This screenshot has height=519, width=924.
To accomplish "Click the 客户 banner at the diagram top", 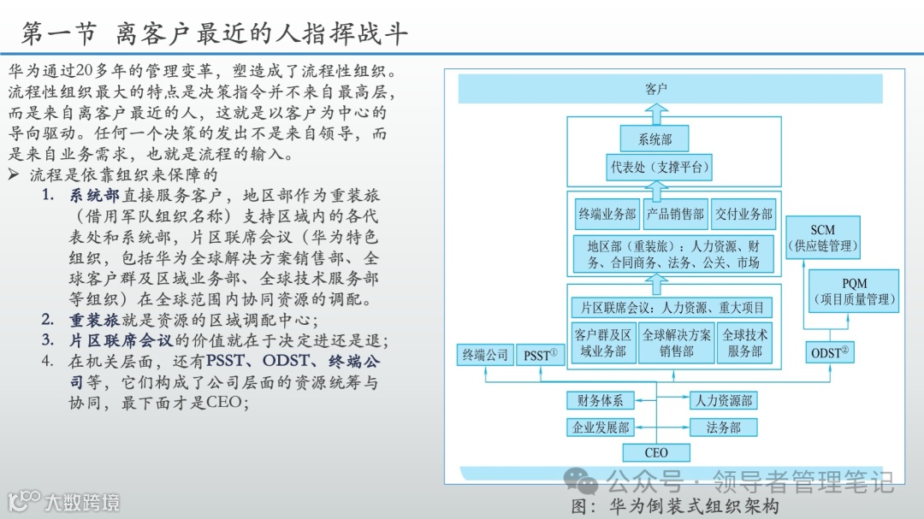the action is point(655,88).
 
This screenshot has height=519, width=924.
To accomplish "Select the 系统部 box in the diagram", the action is point(655,139).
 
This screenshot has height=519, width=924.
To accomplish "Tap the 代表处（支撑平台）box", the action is point(660,168).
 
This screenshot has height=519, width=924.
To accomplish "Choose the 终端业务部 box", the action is point(607,215).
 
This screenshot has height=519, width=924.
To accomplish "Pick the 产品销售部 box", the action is point(675,215).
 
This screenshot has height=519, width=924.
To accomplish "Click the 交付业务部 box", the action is point(743,215).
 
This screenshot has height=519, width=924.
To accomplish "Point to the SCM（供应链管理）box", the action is point(823,238).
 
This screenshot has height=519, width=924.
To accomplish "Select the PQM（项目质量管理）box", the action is point(854,291).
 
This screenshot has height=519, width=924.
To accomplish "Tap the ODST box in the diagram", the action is point(830,351).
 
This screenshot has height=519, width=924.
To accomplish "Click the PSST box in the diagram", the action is point(541,353).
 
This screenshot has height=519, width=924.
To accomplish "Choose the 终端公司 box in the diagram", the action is point(485,353).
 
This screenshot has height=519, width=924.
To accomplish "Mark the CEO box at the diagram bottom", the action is point(656,452).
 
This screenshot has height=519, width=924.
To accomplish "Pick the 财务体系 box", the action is point(600,399).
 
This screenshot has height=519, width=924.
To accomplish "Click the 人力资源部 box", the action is point(723,399).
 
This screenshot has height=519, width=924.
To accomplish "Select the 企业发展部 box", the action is point(601,427).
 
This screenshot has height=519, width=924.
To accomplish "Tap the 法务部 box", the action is point(723,427).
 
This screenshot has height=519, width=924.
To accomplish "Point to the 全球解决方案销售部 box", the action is point(676,342).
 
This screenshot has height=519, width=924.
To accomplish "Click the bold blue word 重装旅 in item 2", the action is point(93,321).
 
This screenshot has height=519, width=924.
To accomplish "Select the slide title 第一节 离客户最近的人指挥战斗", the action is point(214,33).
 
